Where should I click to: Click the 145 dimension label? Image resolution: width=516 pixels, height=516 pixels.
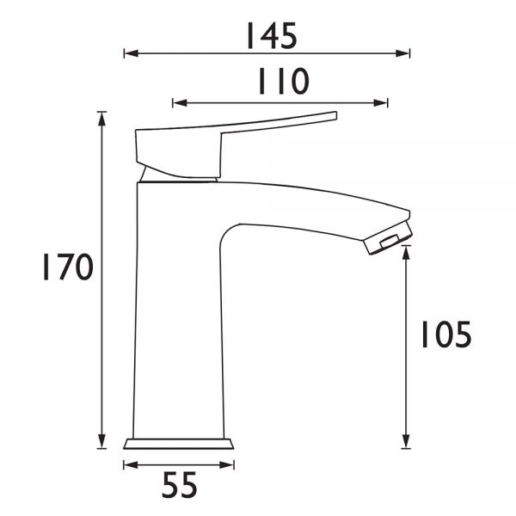coord(272,36)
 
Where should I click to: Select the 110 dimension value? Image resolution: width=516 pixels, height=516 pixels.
coord(284,81)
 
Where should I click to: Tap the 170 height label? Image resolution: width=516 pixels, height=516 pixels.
coord(68,267)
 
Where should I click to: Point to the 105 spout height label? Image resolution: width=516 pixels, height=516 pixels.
coord(446,335)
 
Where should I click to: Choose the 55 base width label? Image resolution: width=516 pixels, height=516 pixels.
coord(180,485)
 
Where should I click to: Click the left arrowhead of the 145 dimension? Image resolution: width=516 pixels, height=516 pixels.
coord(132,53)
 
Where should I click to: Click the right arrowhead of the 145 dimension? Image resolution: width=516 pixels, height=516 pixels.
coord(402,53)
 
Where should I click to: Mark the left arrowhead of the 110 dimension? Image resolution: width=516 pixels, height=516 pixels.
coord(180,103)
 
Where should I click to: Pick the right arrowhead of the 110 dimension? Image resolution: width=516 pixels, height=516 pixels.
coord(380,103)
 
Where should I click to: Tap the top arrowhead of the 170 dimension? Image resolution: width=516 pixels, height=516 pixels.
coord(102,119)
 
